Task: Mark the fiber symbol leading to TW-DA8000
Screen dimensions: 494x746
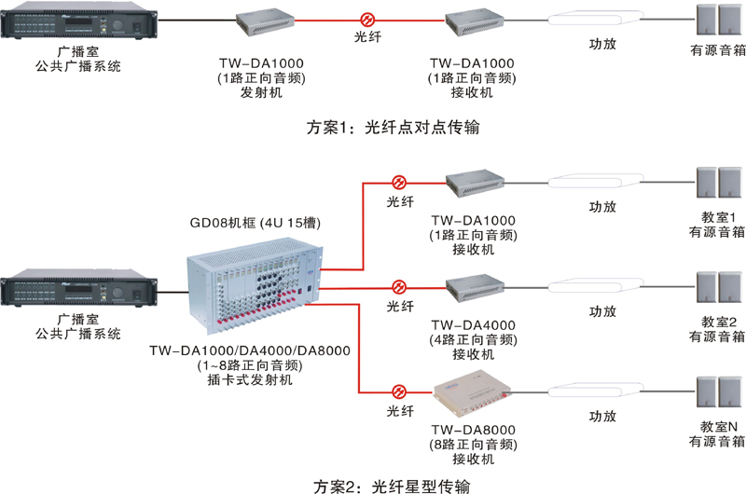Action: (x=400, y=392)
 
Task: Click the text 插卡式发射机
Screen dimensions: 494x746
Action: (x=249, y=381)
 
